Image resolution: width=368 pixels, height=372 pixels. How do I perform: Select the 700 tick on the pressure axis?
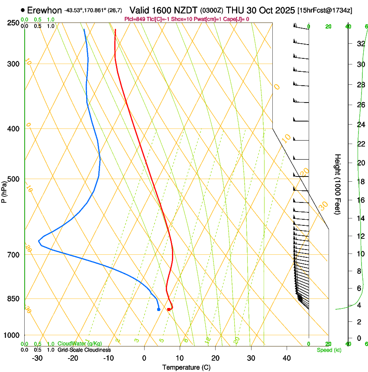click(14, 255)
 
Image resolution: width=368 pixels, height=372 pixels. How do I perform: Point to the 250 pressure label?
click(14, 23)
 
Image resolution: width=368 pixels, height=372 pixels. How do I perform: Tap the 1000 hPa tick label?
click(12, 335)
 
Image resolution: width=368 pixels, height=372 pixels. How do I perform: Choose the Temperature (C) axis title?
click(186, 367)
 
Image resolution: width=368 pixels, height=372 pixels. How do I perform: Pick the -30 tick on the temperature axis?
click(37, 358)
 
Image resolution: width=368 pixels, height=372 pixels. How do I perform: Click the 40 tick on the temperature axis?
click(286, 358)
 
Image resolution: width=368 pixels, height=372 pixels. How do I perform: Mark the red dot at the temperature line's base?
click(168, 309)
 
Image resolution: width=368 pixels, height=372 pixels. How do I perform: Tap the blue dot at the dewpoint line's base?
click(158, 309)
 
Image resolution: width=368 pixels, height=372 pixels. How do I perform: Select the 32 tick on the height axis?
click(360, 44)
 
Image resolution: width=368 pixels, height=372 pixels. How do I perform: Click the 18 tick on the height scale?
click(360, 182)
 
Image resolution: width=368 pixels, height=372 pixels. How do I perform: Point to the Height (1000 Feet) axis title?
click(338, 184)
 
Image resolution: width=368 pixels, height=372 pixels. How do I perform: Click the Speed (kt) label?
click(329, 350)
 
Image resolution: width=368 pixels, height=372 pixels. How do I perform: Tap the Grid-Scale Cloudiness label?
click(84, 350)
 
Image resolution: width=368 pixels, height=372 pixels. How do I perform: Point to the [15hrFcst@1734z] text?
click(330, 10)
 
